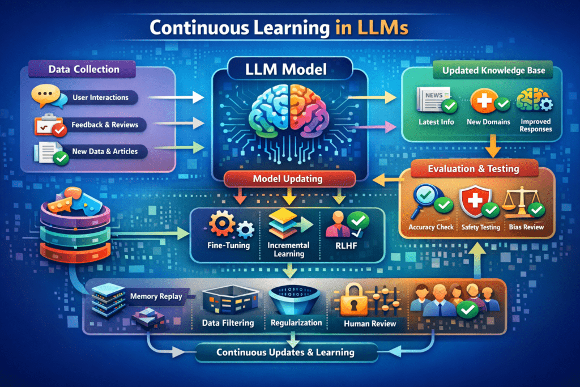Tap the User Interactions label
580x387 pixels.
(x=100, y=97)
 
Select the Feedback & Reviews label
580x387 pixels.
(x=105, y=125)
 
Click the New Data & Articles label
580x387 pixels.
(x=105, y=152)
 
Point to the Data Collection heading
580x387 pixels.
(x=84, y=70)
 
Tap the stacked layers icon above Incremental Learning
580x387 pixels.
(x=280, y=223)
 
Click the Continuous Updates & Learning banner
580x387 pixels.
(x=285, y=352)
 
